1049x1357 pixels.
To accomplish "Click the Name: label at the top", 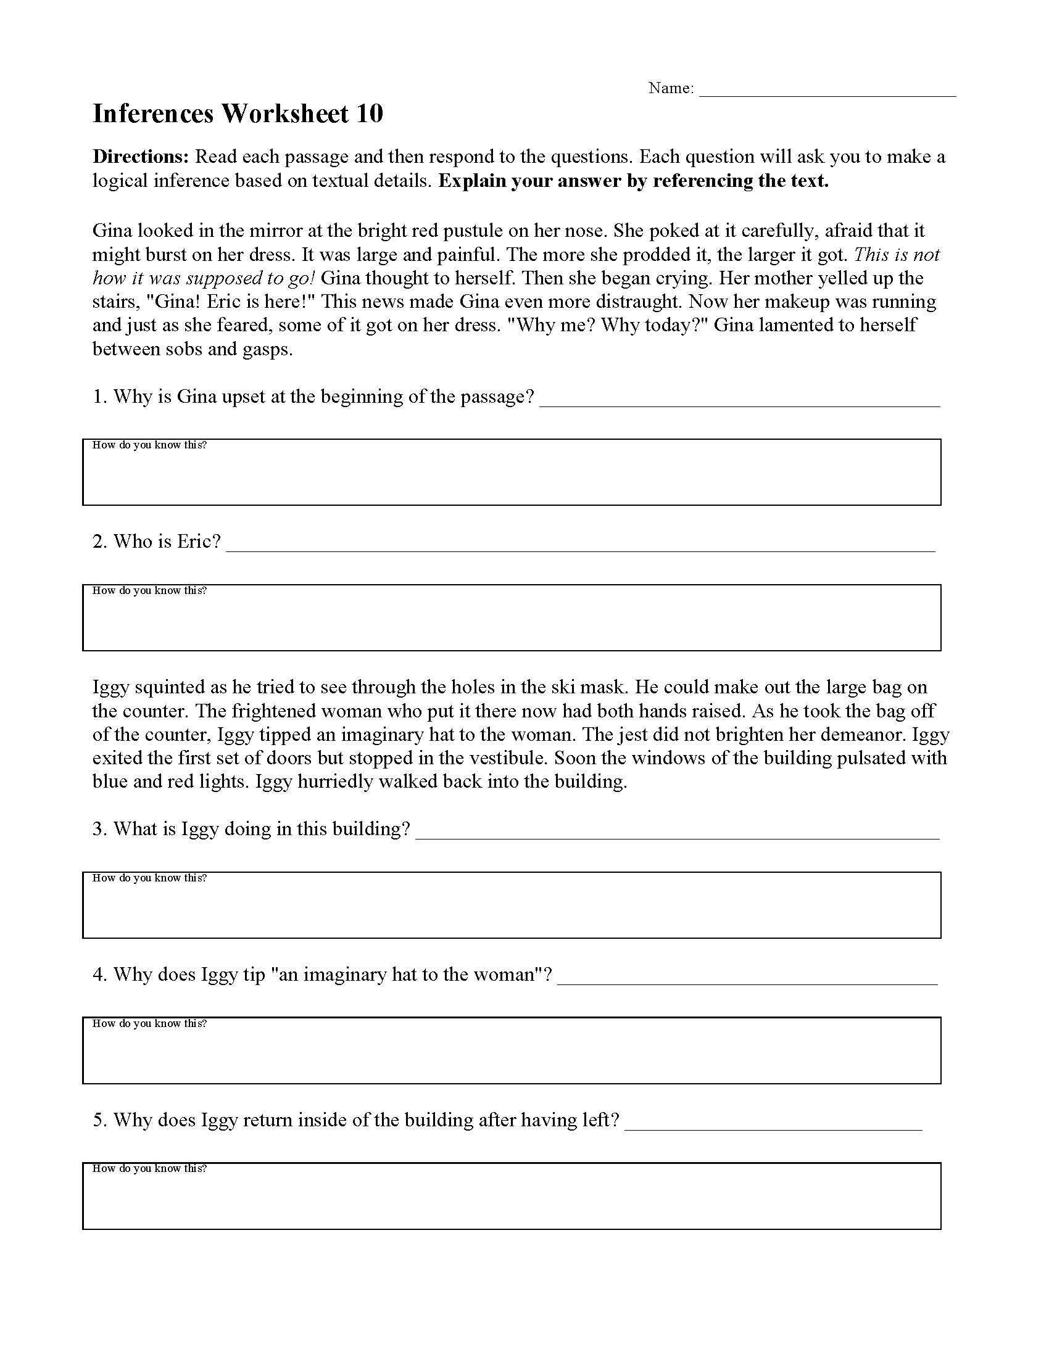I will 671,88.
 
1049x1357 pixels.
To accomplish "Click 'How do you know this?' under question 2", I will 149,590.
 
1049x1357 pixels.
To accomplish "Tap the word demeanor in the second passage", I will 864,735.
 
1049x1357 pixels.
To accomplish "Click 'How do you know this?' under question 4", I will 149,1023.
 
